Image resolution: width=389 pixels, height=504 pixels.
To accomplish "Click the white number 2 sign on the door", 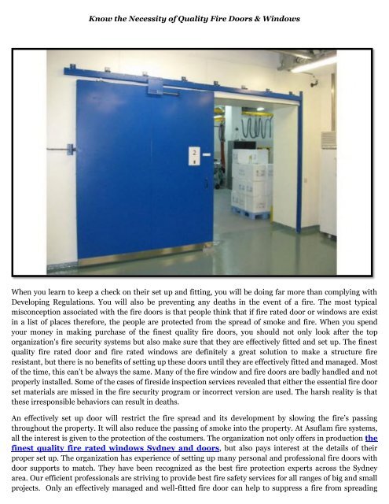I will click(x=191, y=154).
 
